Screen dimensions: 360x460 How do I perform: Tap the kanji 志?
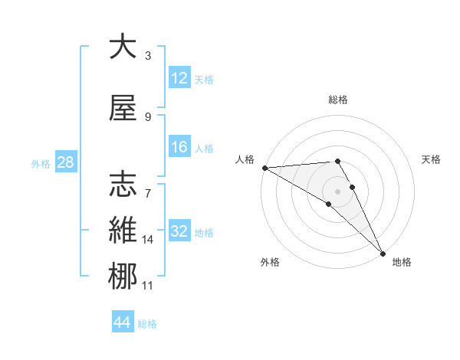point(123,184)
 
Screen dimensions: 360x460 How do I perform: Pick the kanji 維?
point(123,230)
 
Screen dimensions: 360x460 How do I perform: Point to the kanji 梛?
point(123,275)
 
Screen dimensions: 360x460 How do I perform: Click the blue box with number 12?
point(179,79)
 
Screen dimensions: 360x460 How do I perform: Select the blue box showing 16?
point(179,148)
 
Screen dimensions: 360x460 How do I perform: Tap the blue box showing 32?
point(179,232)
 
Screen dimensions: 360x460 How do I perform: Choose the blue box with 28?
point(65,163)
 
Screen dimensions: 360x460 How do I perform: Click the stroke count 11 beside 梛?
point(148,286)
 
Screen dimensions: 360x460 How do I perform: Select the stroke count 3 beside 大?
point(148,56)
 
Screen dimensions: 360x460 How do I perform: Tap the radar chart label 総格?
point(338,100)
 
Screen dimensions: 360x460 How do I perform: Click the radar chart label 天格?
point(431,159)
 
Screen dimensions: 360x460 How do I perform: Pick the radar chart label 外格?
point(270,262)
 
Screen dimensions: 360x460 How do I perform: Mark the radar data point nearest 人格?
point(264,168)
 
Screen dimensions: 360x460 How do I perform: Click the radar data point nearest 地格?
point(383,253)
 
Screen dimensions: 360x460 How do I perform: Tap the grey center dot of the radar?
point(337,191)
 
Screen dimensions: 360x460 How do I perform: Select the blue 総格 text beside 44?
point(148,324)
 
